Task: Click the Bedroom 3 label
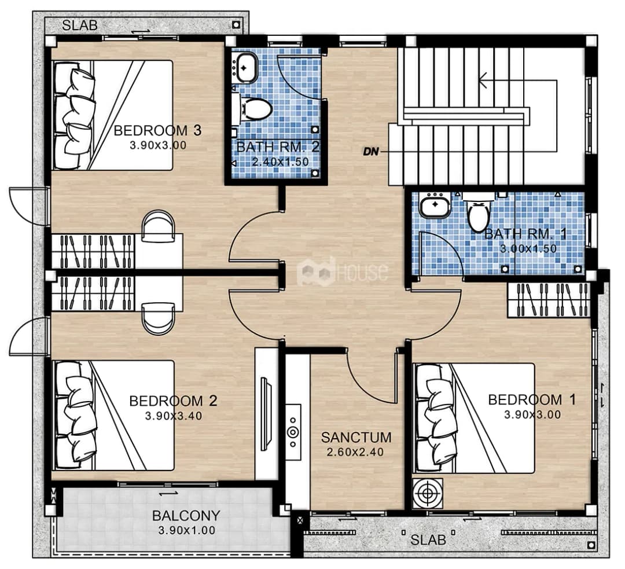(157, 130)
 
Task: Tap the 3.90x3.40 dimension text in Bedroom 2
(174, 416)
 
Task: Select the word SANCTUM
(356, 437)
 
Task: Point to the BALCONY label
(186, 516)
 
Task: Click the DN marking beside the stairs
(370, 152)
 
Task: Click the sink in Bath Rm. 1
(435, 205)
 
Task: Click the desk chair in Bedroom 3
(158, 226)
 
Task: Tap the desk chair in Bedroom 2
(158, 318)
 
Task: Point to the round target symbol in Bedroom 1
(427, 493)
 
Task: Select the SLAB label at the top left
(80, 25)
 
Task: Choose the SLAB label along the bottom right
(428, 540)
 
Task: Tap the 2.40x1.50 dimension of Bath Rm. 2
(280, 162)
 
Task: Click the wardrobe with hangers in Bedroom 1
(549, 300)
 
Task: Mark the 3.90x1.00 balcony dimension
(186, 530)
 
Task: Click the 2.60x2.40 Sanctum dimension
(355, 451)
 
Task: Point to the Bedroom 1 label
(532, 399)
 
